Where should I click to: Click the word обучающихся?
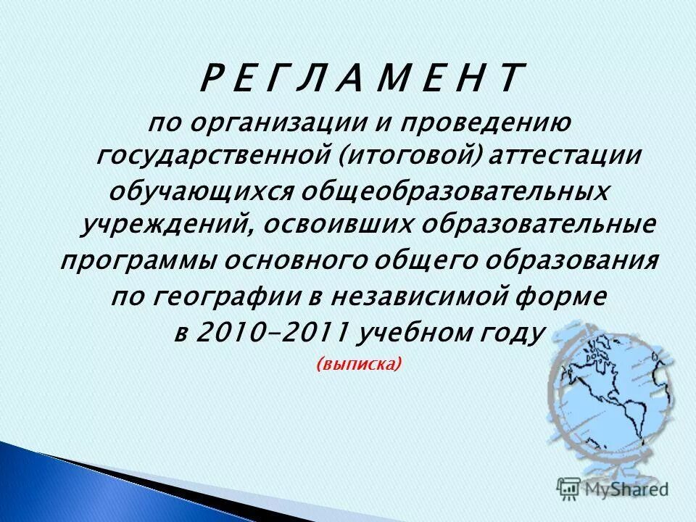tap(201, 191)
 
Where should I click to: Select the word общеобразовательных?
tap(455, 191)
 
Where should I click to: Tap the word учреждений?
tap(163, 225)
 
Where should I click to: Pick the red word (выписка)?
tap(359, 365)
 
